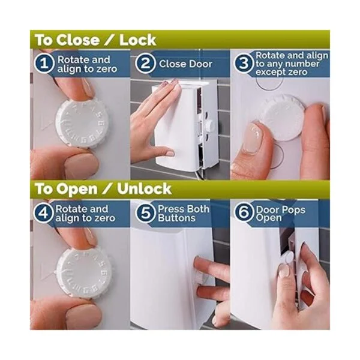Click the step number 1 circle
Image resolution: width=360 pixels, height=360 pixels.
(44, 63)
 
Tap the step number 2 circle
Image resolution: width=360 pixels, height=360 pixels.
(145, 63)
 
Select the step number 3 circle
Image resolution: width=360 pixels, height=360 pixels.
(244, 63)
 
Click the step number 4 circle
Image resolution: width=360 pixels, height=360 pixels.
(44, 212)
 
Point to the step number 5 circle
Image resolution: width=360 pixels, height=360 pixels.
(145, 212)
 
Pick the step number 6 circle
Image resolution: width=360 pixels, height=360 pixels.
(244, 212)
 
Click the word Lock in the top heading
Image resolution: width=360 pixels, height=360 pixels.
(137, 40)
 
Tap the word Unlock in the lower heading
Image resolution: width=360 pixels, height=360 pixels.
(145, 189)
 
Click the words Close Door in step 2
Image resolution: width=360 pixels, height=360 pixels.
(185, 64)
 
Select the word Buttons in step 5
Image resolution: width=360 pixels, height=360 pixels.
(176, 218)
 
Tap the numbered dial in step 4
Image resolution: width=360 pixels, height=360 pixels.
(83, 271)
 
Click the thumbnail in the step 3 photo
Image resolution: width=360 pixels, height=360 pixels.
(253, 139)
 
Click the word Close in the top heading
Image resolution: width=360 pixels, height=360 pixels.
(78, 40)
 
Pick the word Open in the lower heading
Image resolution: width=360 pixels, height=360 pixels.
(77, 189)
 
